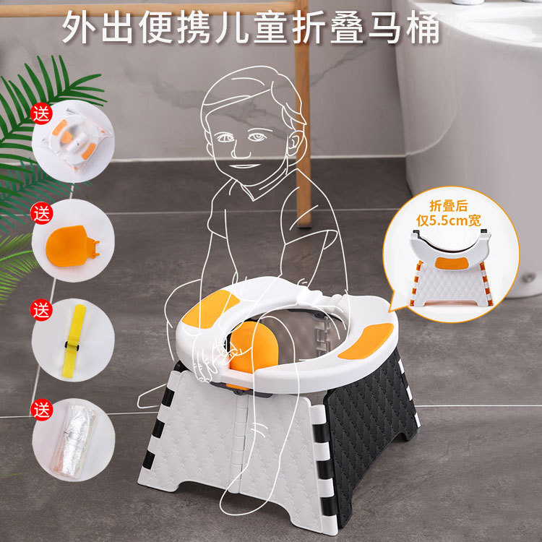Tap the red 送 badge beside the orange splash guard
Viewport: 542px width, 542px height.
(x=42, y=214)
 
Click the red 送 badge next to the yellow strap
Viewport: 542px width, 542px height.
(x=42, y=311)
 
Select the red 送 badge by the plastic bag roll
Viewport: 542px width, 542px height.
(x=42, y=410)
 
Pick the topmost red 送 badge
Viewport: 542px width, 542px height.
(x=42, y=114)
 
